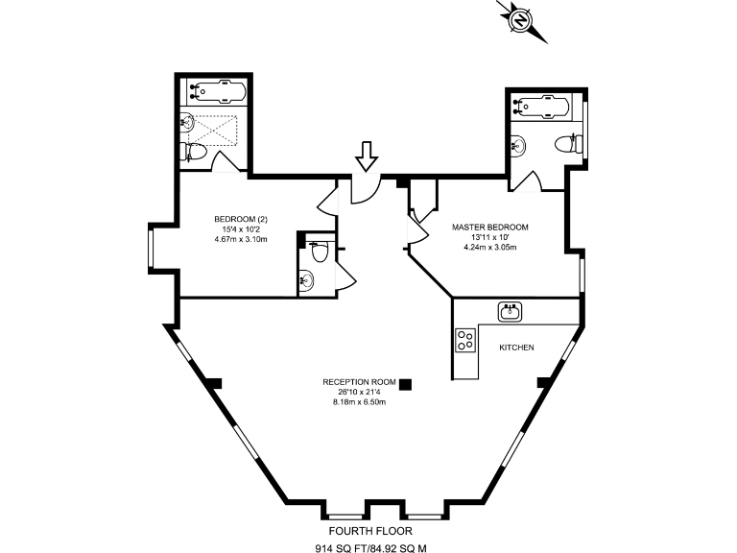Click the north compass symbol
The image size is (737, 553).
pos(522,21)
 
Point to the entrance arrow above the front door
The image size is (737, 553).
pos(367,156)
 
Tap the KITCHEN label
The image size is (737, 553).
pos(516,348)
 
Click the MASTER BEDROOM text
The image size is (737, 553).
pos(489,228)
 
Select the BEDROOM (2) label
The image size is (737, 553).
pos(241,219)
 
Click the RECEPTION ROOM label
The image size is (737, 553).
pos(359,382)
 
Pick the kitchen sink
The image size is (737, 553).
pos(510,312)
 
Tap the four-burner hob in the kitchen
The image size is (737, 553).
pos(465,340)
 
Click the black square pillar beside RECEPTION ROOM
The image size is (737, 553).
pos(405,385)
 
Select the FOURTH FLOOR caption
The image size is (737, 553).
pos(370,531)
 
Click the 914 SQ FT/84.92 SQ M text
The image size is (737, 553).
pos(370,548)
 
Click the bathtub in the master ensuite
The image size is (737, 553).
pos(542,107)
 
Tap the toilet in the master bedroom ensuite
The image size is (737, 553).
pos(569,143)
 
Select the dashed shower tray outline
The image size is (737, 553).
pos(215,131)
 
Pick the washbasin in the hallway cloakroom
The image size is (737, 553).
pos(306,280)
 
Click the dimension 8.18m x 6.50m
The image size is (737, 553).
pos(359,402)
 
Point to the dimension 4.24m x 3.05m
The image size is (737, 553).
pos(489,248)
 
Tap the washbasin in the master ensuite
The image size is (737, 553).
pos(518,144)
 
